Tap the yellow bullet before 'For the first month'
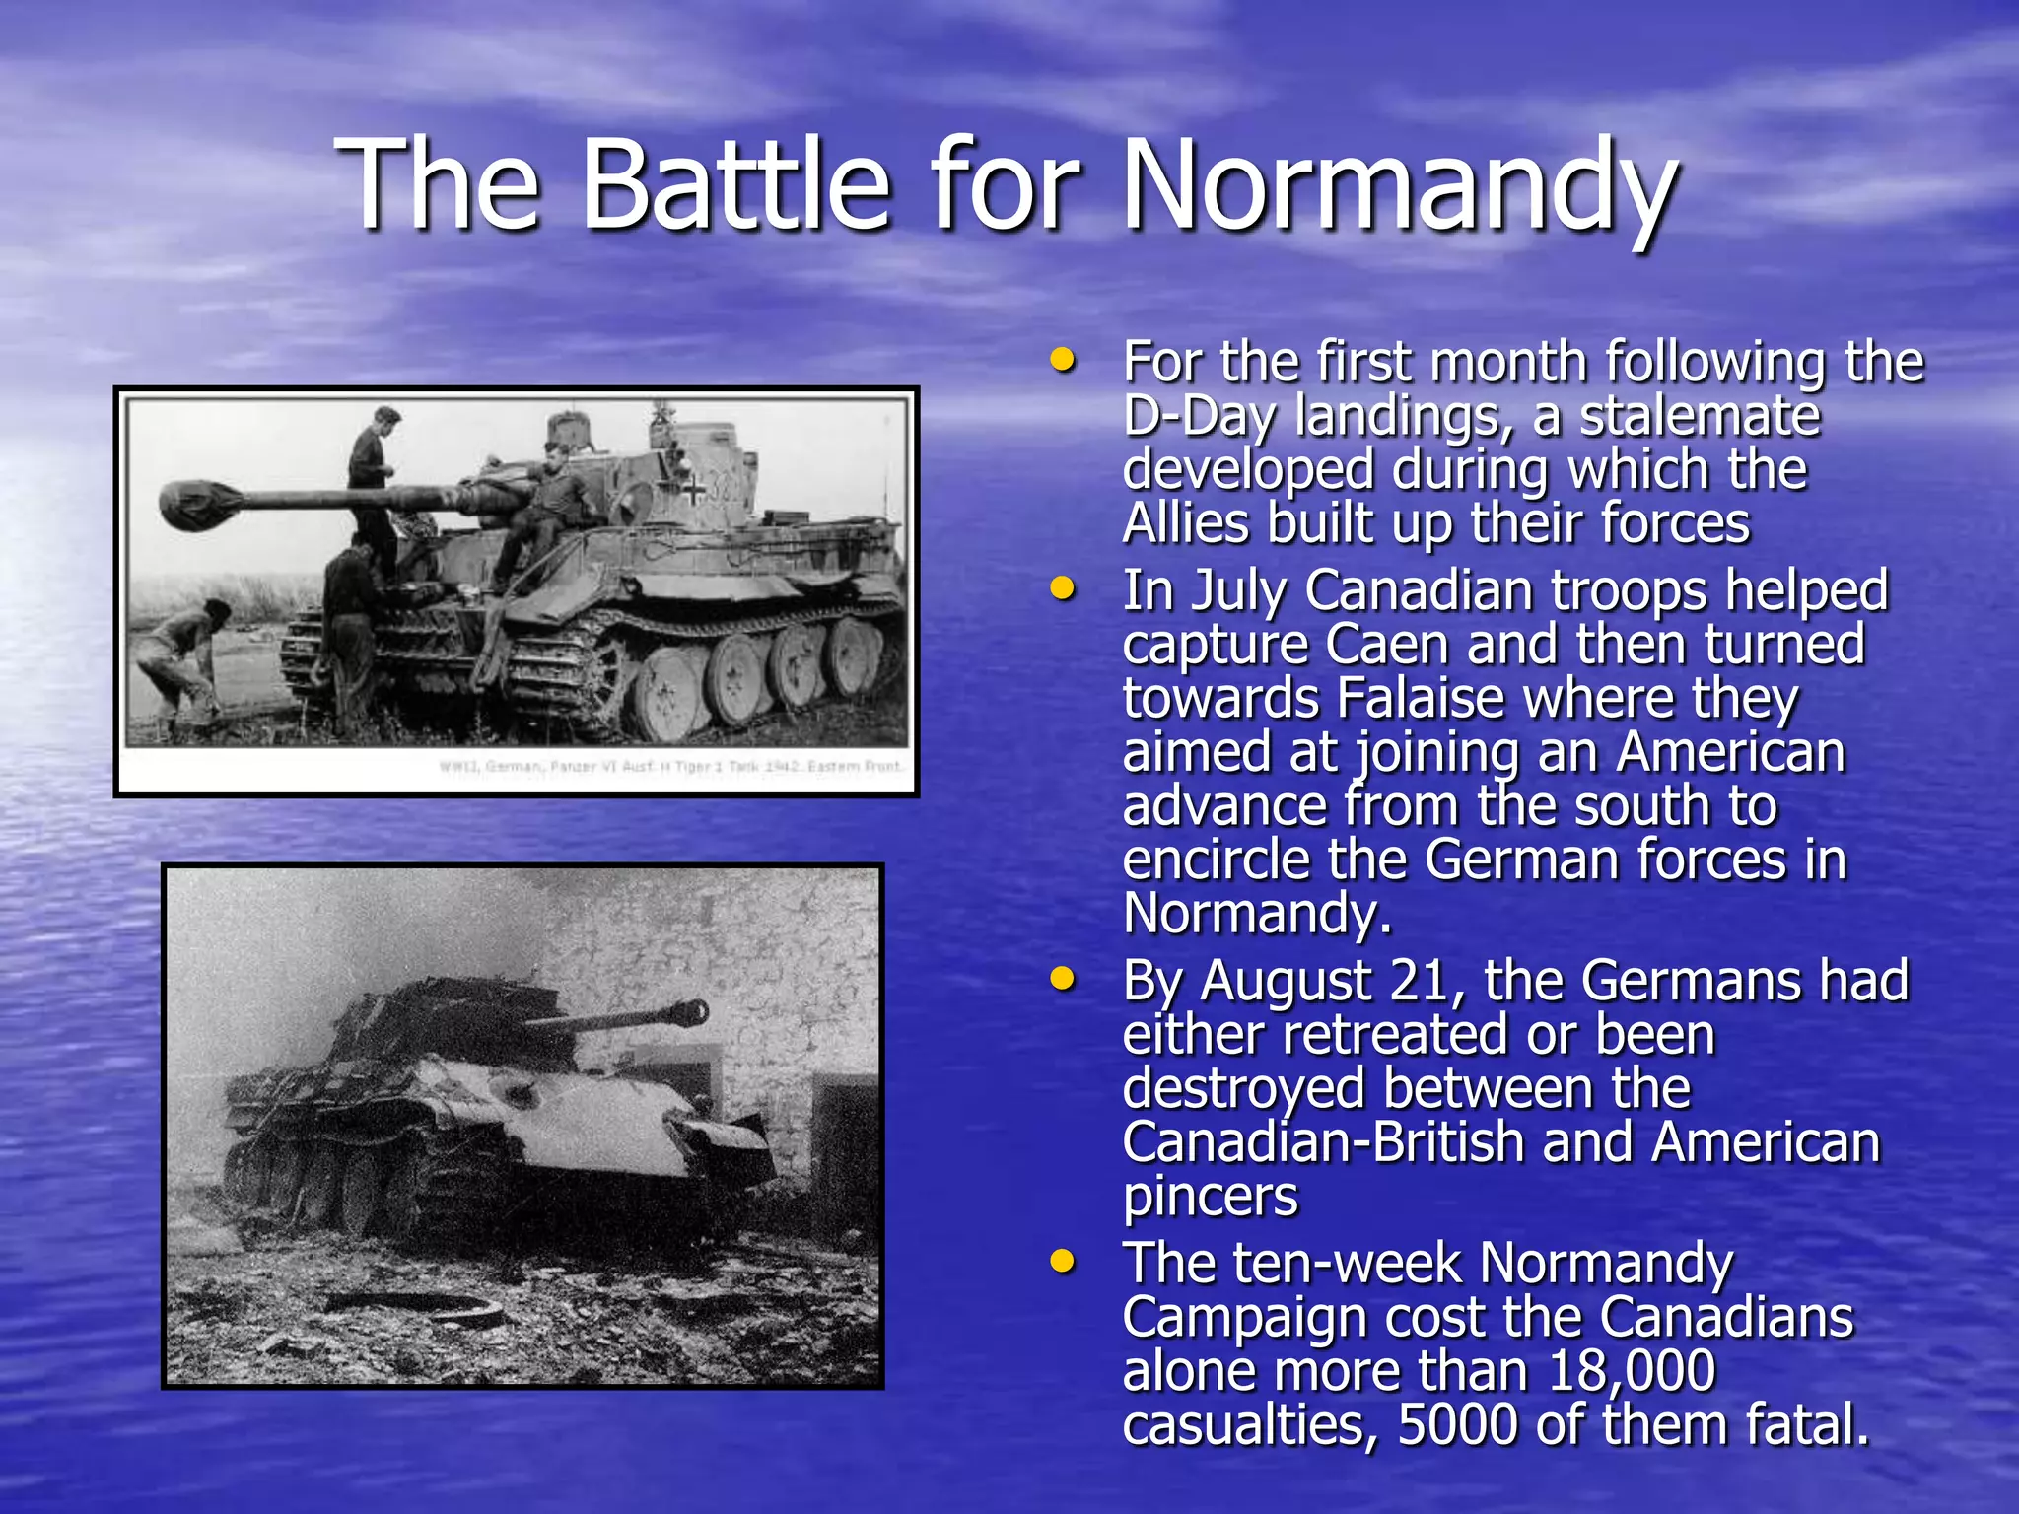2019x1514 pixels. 1062,360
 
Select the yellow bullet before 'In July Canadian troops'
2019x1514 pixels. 1062,589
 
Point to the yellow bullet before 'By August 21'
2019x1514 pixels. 1062,979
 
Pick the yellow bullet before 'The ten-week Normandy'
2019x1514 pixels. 1062,1261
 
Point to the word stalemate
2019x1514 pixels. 1700,416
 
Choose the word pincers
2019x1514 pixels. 1211,1197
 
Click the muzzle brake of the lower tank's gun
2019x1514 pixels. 692,1011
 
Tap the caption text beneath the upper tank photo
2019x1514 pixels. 670,767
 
